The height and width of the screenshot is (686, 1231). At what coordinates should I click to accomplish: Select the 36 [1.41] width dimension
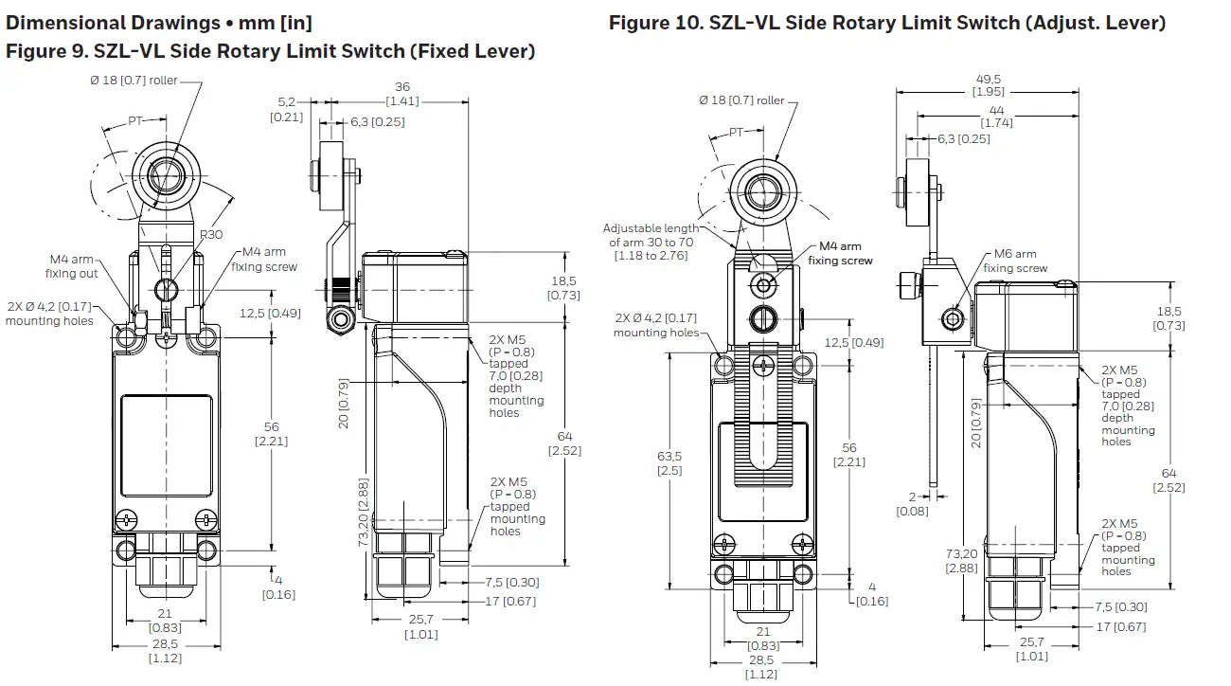[x=401, y=94]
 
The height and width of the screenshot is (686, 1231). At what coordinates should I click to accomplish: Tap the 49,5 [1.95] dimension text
[x=989, y=84]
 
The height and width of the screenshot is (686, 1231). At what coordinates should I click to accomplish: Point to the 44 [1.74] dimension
[x=997, y=116]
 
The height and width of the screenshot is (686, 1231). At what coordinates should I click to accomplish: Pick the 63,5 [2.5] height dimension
[x=669, y=462]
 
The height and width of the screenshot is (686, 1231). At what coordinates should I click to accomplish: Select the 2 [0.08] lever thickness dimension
[x=913, y=503]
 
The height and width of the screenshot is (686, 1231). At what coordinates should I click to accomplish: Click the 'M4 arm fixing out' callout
[x=72, y=266]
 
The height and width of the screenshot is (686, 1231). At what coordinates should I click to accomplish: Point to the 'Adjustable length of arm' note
[x=651, y=242]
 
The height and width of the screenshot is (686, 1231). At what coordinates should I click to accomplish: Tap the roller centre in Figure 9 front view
[x=167, y=177]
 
